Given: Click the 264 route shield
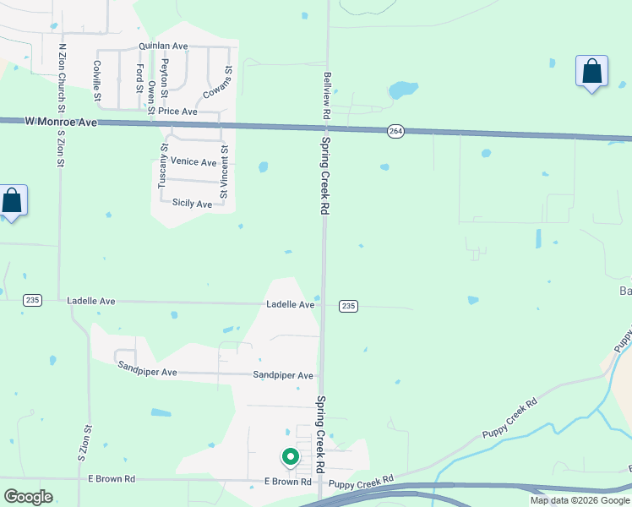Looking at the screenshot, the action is coord(395,130).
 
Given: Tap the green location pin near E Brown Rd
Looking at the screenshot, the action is coord(290,457).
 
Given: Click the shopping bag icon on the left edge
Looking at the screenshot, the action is coord(12,202).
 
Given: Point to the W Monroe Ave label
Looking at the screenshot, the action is coord(61,123).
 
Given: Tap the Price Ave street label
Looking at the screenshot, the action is coord(177,112).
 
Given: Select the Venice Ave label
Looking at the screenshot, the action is coord(193,161).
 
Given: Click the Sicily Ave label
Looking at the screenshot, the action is coord(192,204).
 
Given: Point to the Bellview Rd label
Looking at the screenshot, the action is coord(326,95).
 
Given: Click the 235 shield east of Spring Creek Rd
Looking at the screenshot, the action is coord(347,305).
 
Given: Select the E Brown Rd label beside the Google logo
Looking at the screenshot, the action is coord(112,479).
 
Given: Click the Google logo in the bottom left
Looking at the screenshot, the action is coord(29,496).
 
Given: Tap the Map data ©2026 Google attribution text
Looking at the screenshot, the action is coord(580,500).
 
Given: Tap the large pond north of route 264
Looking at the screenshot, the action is coord(404,89).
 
